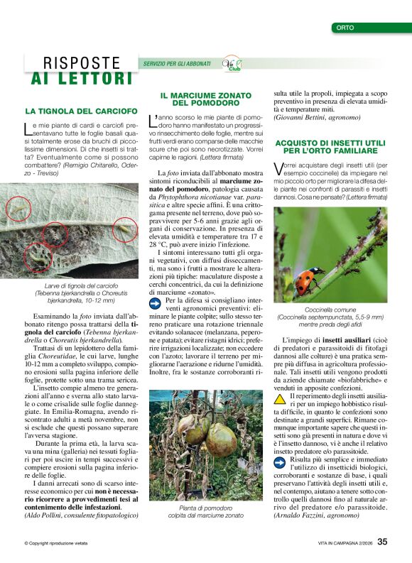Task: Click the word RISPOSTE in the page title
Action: [82, 64]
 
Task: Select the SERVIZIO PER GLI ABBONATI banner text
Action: [177, 64]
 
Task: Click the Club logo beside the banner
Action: [232, 64]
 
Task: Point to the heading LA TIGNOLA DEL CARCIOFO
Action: [81, 111]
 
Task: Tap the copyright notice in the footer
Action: [56, 543]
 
